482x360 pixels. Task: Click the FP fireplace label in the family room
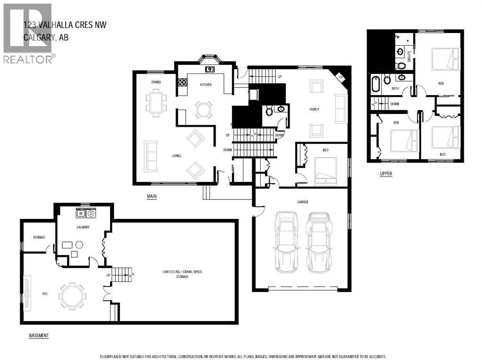pyautogui.click(x=341, y=77)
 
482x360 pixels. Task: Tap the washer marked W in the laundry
pyautogui.click(x=81, y=213)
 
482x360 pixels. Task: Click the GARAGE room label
pyautogui.click(x=302, y=202)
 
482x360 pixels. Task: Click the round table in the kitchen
pyautogui.click(x=204, y=110)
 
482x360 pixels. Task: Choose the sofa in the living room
pyautogui.click(x=151, y=156)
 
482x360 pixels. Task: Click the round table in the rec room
pyautogui.click(x=72, y=296)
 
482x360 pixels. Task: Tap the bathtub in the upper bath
pyautogui.click(x=376, y=84)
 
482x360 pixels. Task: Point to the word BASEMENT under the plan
pyautogui.click(x=39, y=336)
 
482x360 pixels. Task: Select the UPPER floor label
pyautogui.click(x=386, y=174)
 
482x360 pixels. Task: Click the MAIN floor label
pyautogui.click(x=151, y=196)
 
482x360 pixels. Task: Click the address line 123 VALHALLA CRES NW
pyautogui.click(x=65, y=24)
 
